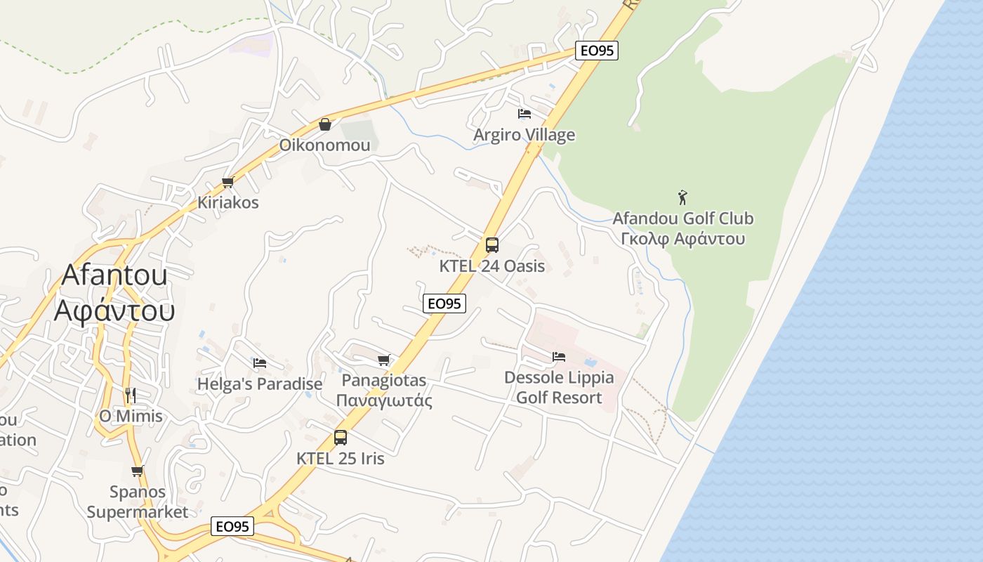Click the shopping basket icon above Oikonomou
click(x=325, y=124)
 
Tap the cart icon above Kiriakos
click(x=227, y=183)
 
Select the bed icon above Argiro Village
click(x=524, y=114)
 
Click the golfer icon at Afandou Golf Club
click(x=682, y=197)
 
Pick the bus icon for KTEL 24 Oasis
click(x=492, y=245)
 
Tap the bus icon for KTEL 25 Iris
click(x=341, y=437)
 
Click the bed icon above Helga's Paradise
click(x=260, y=363)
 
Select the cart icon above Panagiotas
click(x=383, y=360)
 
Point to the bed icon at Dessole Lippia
click(x=559, y=357)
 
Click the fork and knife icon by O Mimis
click(x=130, y=395)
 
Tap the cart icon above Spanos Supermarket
click(x=138, y=471)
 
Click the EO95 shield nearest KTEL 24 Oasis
click(x=445, y=303)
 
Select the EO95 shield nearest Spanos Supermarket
click(x=232, y=527)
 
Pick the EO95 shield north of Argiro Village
click(x=597, y=51)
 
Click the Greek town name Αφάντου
click(x=114, y=310)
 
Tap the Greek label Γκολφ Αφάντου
click(x=683, y=239)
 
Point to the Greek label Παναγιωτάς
click(x=384, y=401)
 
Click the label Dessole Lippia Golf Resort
click(x=559, y=388)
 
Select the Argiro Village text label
click(x=524, y=135)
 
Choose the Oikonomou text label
click(x=324, y=145)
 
